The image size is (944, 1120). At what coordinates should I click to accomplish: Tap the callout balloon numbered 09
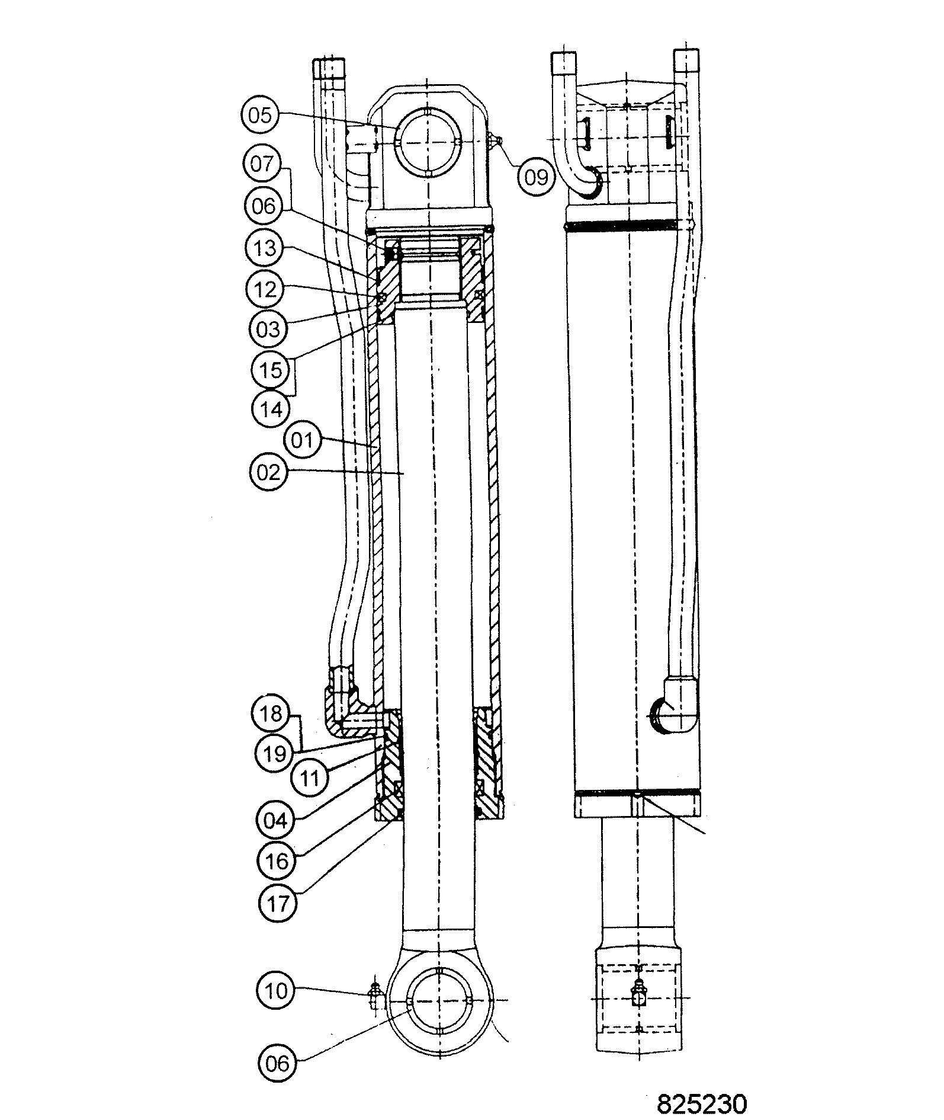(x=537, y=177)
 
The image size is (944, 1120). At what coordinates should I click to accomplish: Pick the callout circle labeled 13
(x=265, y=248)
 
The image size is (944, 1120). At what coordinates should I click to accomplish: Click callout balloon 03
(x=268, y=328)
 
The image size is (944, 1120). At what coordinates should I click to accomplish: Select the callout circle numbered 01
(x=303, y=441)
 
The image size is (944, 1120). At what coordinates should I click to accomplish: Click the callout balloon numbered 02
(x=268, y=472)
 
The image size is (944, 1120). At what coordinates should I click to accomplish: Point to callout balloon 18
(x=271, y=713)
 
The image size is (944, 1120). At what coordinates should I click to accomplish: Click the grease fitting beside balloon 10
(x=375, y=997)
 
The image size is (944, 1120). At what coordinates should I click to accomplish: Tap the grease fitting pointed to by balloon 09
(x=497, y=140)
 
